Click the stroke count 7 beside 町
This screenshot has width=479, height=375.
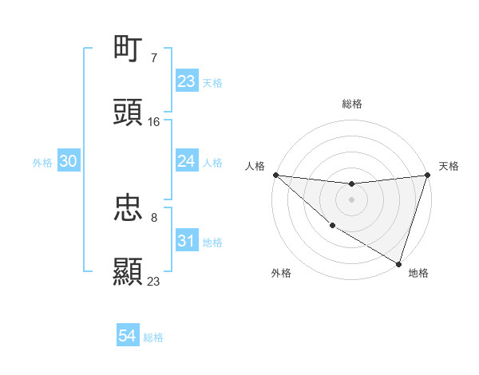(x=154, y=58)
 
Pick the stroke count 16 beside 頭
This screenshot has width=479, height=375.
(x=154, y=121)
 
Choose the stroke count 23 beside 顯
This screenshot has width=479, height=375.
(x=154, y=281)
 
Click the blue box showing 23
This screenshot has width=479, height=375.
(x=186, y=81)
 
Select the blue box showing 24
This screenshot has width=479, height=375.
(x=186, y=161)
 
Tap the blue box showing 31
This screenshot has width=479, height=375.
(x=186, y=241)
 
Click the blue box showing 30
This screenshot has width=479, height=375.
(x=69, y=161)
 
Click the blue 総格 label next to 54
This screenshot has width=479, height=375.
(x=153, y=337)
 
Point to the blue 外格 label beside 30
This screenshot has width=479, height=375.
(x=42, y=163)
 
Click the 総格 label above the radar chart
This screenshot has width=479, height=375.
(x=351, y=104)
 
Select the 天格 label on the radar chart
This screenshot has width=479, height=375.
(x=449, y=166)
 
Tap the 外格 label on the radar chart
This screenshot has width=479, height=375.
(x=280, y=273)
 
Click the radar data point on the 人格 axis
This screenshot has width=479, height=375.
(x=275, y=175)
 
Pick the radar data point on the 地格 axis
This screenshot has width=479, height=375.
(x=398, y=263)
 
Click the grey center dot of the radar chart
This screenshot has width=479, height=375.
(x=351, y=199)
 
